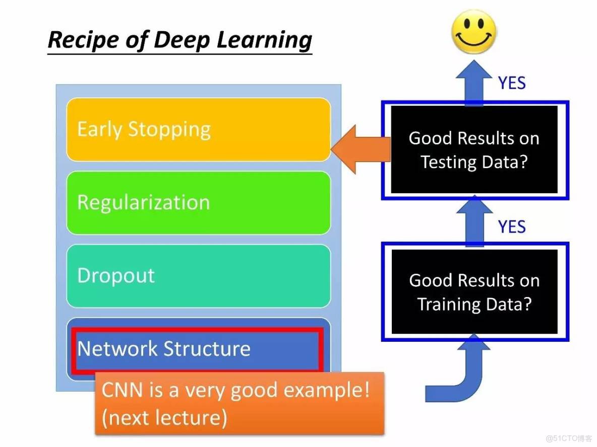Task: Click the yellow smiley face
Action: (474, 32)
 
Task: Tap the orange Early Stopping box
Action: (198, 129)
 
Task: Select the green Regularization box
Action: (198, 202)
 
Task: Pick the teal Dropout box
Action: (198, 275)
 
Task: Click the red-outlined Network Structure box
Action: (197, 349)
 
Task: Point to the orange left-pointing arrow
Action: (360, 150)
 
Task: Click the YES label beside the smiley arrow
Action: (512, 83)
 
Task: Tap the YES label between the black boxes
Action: (512, 227)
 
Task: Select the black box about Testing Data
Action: (474, 150)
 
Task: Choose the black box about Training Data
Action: (474, 292)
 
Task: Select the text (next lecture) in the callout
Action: (164, 417)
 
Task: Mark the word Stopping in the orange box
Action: (169, 130)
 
